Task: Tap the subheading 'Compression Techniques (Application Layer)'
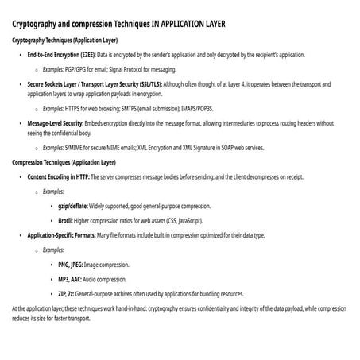[x=64, y=162]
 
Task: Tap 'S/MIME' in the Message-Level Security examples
[x=74, y=149]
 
